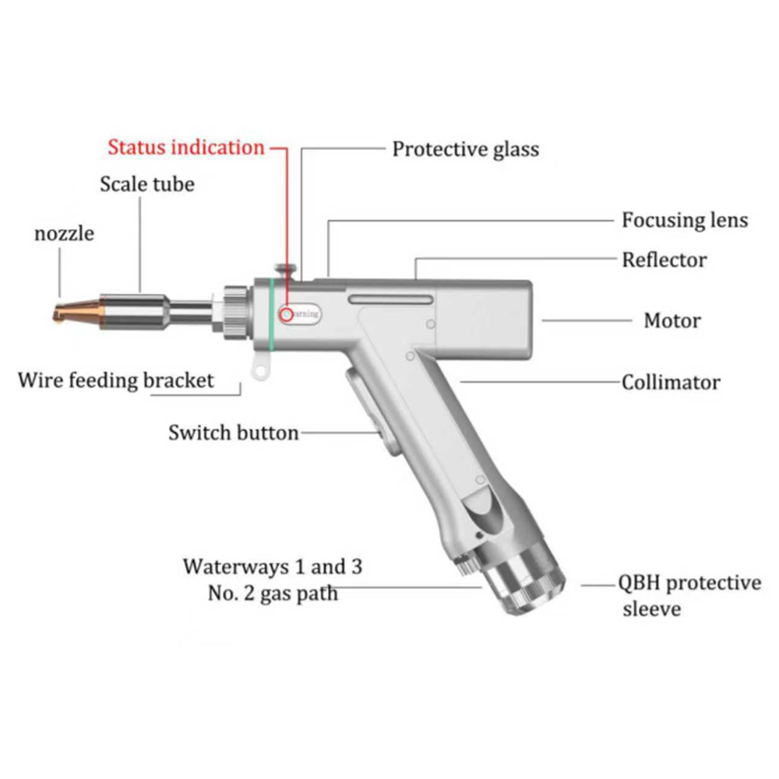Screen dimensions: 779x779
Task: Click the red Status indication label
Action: (x=185, y=146)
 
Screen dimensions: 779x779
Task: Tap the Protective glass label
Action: (x=465, y=148)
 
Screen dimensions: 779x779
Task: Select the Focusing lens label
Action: (x=684, y=220)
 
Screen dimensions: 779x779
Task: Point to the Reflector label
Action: (x=664, y=259)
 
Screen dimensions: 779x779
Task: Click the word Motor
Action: (x=671, y=320)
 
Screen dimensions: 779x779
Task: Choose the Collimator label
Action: (x=671, y=382)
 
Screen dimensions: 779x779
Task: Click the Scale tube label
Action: (x=147, y=185)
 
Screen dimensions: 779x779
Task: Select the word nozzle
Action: (x=64, y=233)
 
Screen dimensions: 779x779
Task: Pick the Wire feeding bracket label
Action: (x=115, y=381)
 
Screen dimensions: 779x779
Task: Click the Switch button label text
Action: (x=233, y=432)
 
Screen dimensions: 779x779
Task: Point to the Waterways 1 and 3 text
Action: (x=273, y=566)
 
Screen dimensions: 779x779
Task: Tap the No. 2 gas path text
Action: (x=273, y=593)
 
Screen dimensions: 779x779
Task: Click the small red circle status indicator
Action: (x=287, y=314)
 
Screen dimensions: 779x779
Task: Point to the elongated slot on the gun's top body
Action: (x=390, y=300)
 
